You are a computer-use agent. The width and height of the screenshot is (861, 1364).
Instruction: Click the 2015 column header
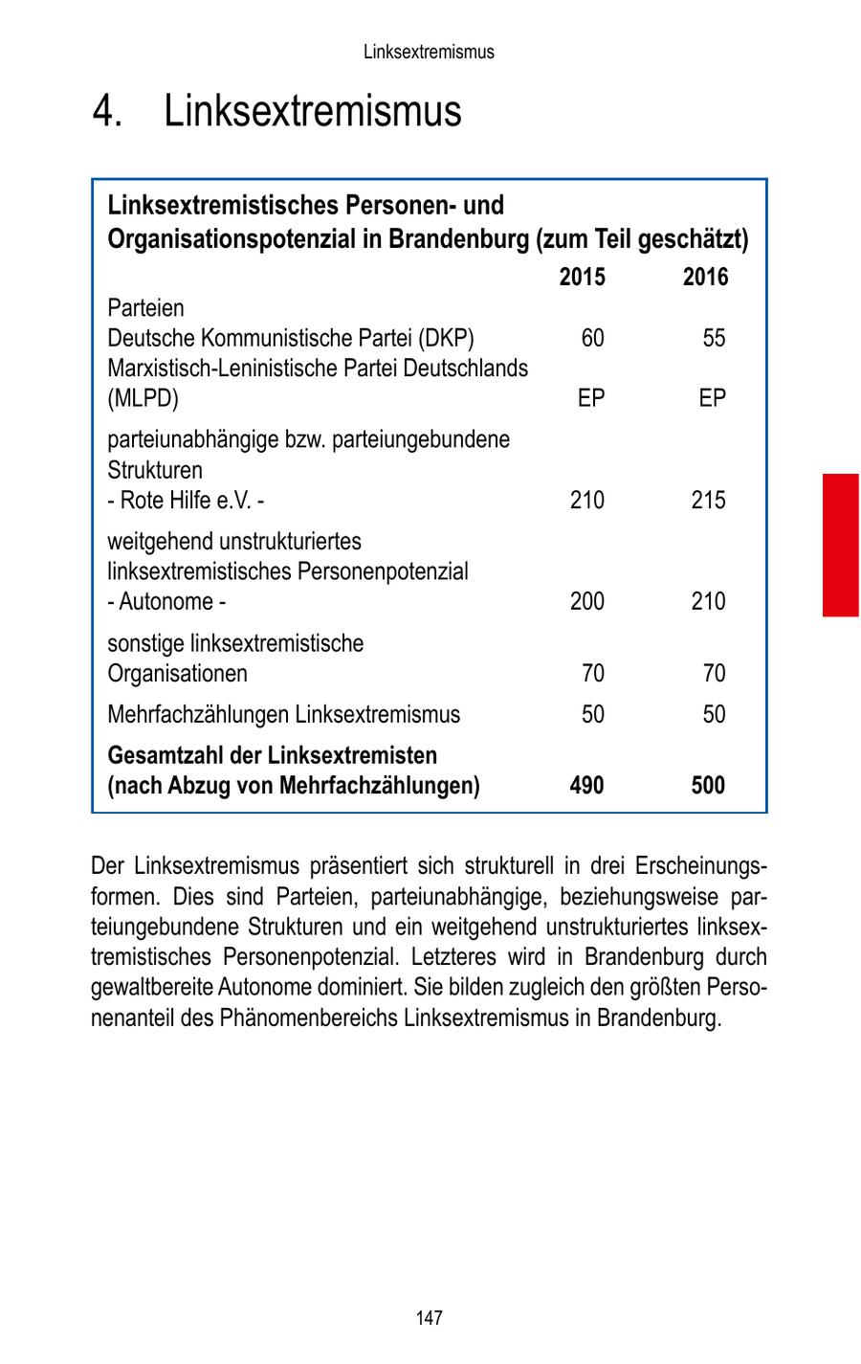click(582, 278)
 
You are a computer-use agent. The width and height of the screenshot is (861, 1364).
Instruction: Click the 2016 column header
click(705, 278)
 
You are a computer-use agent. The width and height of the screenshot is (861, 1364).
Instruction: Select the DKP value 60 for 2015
click(592, 338)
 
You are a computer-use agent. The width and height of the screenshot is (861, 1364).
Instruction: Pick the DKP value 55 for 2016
click(713, 338)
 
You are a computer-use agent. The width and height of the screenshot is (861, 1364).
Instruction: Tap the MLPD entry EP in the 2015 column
click(591, 398)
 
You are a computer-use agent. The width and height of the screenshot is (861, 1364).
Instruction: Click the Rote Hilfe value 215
click(708, 500)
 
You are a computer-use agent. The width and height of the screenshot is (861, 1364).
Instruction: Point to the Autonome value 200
click(586, 601)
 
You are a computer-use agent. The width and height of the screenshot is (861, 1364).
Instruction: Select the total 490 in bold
click(586, 786)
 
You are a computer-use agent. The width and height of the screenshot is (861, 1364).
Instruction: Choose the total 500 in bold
click(708, 786)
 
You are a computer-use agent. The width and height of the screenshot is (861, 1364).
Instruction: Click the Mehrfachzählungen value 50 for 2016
click(713, 715)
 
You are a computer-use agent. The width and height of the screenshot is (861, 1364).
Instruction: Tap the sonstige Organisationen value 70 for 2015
click(592, 674)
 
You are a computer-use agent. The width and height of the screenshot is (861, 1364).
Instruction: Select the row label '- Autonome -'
click(166, 601)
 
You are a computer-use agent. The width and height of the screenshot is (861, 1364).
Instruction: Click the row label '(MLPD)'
click(143, 398)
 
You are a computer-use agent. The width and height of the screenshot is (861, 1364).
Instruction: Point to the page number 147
click(430, 1318)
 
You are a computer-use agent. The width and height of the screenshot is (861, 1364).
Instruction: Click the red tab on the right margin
click(840, 544)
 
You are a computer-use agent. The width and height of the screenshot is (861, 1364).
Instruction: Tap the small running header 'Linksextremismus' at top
click(429, 52)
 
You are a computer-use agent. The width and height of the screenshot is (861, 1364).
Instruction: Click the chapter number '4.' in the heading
click(108, 111)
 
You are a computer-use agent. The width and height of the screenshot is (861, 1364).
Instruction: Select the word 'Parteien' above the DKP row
click(145, 308)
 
